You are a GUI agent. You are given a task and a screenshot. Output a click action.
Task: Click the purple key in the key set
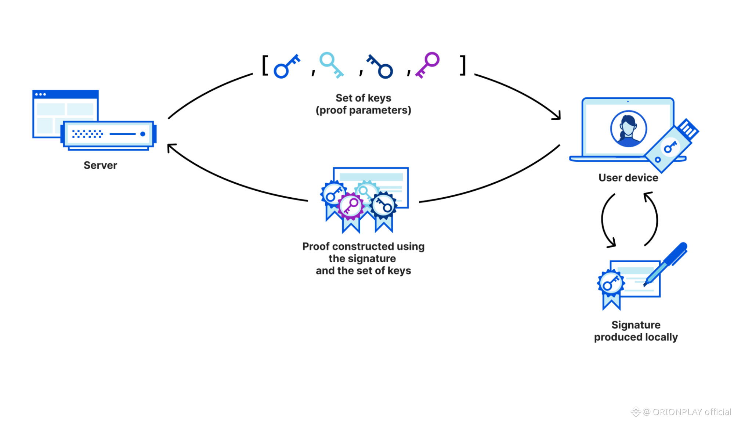(x=428, y=64)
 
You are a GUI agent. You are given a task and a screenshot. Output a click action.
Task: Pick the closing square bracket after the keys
(x=463, y=65)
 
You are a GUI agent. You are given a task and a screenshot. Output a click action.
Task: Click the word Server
(x=100, y=165)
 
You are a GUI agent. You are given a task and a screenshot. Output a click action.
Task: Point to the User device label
(x=628, y=178)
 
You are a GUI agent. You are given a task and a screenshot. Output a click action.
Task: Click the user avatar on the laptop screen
(x=628, y=129)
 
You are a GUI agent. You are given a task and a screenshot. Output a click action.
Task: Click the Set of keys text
(x=363, y=98)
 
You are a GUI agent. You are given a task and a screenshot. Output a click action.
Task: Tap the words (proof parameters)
(x=363, y=110)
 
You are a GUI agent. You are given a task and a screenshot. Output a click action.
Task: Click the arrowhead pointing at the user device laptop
(x=558, y=116)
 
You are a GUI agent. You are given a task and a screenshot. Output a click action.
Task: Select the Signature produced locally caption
(x=636, y=331)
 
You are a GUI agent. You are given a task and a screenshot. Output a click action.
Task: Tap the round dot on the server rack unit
(x=142, y=134)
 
